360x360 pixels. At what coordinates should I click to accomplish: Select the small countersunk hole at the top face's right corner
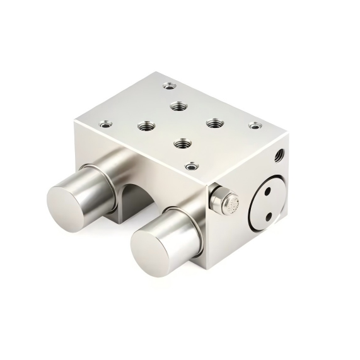point(254,125)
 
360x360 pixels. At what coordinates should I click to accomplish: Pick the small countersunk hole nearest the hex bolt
point(190,167)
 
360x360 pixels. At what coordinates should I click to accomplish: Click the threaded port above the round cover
point(277,152)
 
